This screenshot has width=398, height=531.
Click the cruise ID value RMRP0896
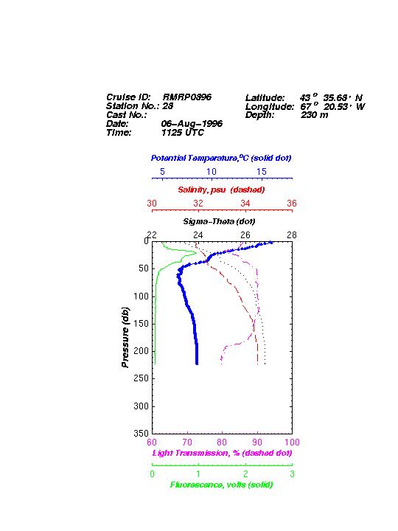186,97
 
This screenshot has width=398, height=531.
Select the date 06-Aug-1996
192,124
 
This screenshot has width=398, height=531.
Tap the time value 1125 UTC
183,133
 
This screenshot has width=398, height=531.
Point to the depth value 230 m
315,115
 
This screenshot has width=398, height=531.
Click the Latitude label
265,98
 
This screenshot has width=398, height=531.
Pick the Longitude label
270,107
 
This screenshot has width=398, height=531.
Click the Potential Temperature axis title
221,158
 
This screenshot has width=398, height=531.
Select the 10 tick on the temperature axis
212,172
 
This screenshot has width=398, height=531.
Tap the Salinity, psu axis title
221,190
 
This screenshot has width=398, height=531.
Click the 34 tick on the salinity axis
245,204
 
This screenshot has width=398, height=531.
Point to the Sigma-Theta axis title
219,221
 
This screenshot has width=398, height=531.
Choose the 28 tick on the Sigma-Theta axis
292,235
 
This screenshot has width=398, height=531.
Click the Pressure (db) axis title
125,337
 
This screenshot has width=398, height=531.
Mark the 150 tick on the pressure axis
142,324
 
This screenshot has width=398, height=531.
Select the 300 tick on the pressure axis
142,406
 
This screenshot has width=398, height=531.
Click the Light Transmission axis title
222,453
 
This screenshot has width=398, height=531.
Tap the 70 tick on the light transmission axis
187,442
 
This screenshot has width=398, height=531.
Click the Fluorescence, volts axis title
221,485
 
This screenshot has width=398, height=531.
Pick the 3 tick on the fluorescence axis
292,473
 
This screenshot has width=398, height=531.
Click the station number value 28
167,106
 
